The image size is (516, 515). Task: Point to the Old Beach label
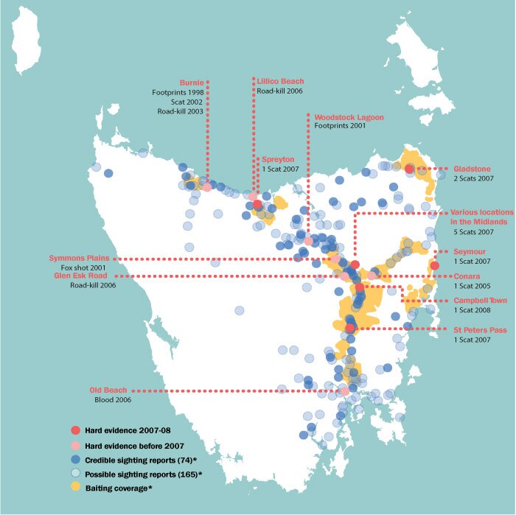click(108, 390)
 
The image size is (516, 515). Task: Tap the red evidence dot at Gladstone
click(409, 169)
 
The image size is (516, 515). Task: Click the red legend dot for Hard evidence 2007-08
click(74, 430)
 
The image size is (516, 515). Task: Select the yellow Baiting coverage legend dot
click(74, 487)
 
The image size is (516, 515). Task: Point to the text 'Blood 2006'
click(113, 399)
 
